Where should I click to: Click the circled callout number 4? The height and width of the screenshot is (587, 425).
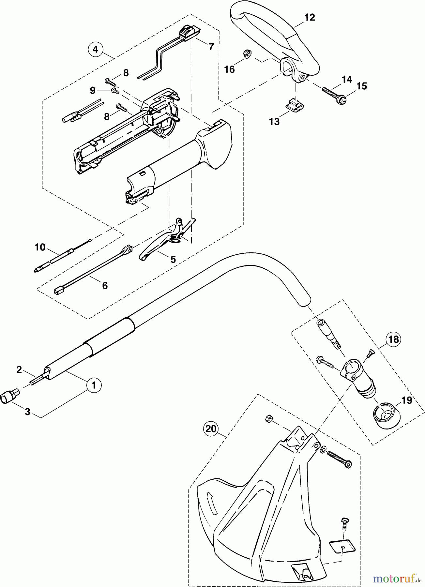point(95,49)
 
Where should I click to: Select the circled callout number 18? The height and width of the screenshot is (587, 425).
point(394,339)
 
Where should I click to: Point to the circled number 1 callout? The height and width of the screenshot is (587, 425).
point(94,385)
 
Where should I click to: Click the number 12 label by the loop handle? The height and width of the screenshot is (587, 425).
point(310,18)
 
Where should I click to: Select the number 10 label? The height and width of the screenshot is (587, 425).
point(40,247)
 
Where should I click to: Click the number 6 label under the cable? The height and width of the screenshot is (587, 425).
point(105,285)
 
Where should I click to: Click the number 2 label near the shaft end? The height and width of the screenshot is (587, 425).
point(19,369)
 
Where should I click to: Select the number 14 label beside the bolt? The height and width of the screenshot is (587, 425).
point(347,79)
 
